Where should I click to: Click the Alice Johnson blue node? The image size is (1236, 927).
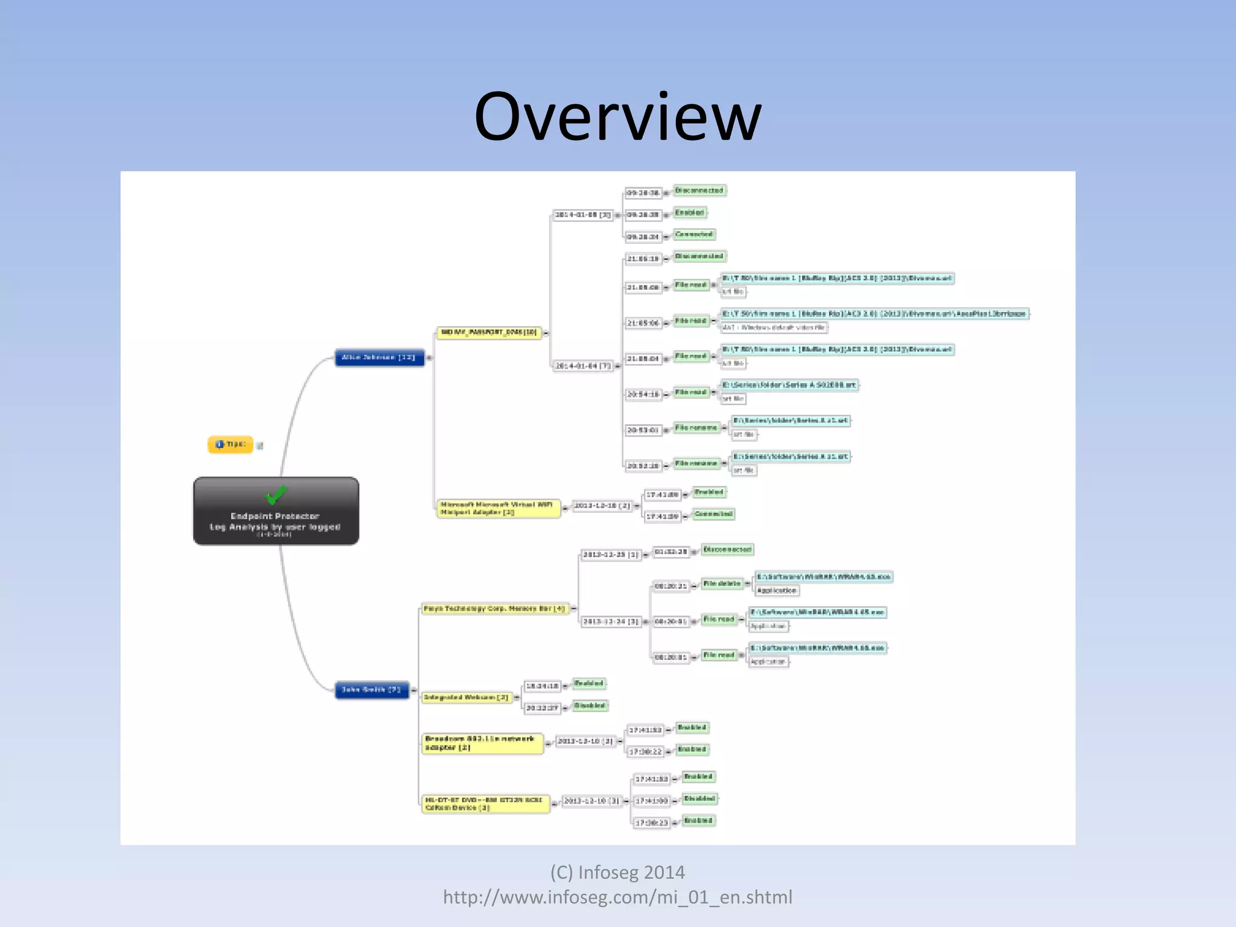click(x=379, y=357)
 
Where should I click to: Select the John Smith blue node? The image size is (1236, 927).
click(x=372, y=689)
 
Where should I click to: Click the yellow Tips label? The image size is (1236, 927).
click(x=231, y=444)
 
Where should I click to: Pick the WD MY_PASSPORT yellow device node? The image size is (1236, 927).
click(x=489, y=333)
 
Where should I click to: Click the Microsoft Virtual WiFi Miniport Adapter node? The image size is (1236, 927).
click(x=498, y=508)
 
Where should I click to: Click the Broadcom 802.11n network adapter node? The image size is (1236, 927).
click(x=482, y=743)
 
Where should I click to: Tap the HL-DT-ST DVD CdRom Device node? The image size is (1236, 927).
click(x=485, y=804)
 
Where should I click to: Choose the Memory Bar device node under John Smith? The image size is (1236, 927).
click(x=494, y=609)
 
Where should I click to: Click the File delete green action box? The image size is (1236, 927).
click(x=722, y=584)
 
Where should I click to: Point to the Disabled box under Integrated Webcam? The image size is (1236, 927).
click(x=590, y=706)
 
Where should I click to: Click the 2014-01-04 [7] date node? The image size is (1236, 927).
click(x=583, y=366)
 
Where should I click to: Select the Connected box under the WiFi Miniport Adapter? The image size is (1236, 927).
click(x=713, y=514)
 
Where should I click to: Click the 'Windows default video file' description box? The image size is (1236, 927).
click(x=774, y=328)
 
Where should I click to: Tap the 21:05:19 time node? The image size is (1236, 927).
click(x=643, y=259)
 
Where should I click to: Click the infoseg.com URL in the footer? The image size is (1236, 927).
click(x=617, y=897)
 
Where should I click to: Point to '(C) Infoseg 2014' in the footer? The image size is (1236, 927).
click(x=617, y=873)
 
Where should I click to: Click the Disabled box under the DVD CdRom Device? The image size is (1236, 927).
click(x=699, y=798)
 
